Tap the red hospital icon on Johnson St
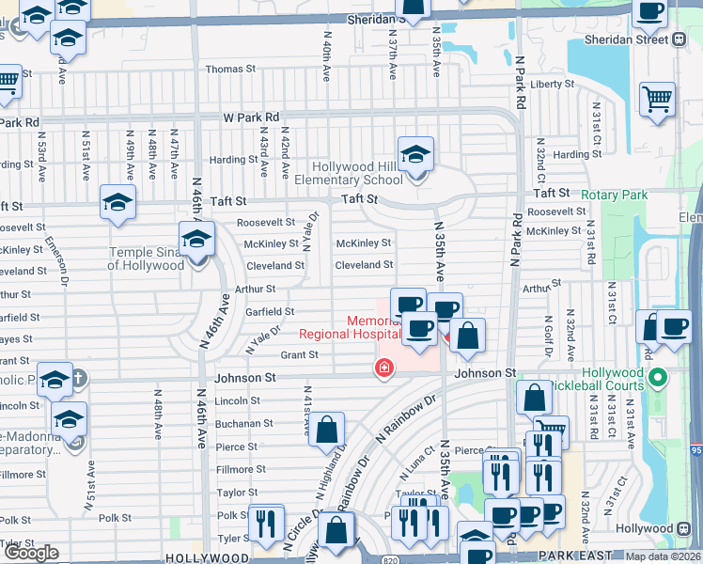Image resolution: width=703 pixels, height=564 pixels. (x=383, y=367)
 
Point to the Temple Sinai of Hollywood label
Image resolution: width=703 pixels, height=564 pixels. (x=146, y=258)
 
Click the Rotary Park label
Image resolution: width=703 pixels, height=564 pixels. (x=615, y=195)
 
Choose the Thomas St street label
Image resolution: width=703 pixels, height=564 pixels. (x=230, y=70)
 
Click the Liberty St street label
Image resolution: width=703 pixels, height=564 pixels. (x=552, y=84)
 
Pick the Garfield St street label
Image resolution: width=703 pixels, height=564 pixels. (x=270, y=311)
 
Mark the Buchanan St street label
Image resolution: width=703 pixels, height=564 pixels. (x=242, y=424)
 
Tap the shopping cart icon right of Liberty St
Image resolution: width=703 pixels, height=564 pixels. (x=657, y=98)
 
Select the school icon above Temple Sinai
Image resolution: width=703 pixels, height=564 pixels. (x=195, y=239)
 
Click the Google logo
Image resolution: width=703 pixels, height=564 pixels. (x=32, y=553)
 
